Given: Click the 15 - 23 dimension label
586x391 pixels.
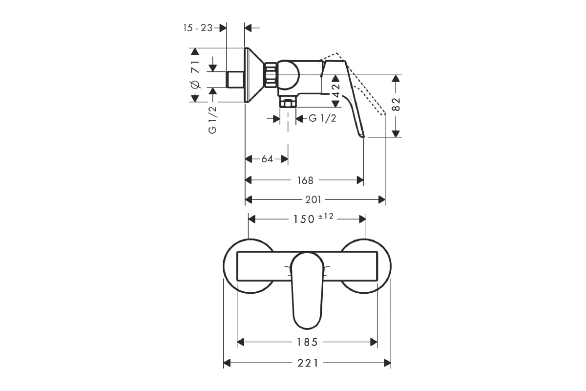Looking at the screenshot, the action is point(198,28).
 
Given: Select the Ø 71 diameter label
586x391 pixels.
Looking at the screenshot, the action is point(195,74).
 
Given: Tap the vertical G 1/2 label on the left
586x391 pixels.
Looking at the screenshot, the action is point(213,120).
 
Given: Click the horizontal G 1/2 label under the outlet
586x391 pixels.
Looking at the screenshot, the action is point(322,118).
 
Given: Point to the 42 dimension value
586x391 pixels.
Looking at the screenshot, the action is point(335,90).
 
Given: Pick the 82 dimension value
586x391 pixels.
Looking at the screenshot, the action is point(397,104).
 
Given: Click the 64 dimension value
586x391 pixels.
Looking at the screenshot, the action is point(267,159).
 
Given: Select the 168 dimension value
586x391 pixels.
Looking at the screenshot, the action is point(305,180).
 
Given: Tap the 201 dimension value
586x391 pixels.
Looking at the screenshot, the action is point(313,200).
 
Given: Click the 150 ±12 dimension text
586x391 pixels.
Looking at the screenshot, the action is point(314,218).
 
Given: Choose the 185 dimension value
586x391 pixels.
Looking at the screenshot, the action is point(307,342).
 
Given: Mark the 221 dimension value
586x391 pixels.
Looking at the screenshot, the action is point(308,363).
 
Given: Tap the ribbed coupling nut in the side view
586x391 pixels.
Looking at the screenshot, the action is point(270,75).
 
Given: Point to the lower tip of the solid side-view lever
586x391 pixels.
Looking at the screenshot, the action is point(363,137).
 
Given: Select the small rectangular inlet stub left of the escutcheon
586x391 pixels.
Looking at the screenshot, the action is point(235,79).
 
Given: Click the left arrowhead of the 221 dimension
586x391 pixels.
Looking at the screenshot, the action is point(227,363).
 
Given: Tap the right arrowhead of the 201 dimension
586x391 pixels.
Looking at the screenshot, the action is point(382,200).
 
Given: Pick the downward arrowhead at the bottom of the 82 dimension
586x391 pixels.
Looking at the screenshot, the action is point(397,133).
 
